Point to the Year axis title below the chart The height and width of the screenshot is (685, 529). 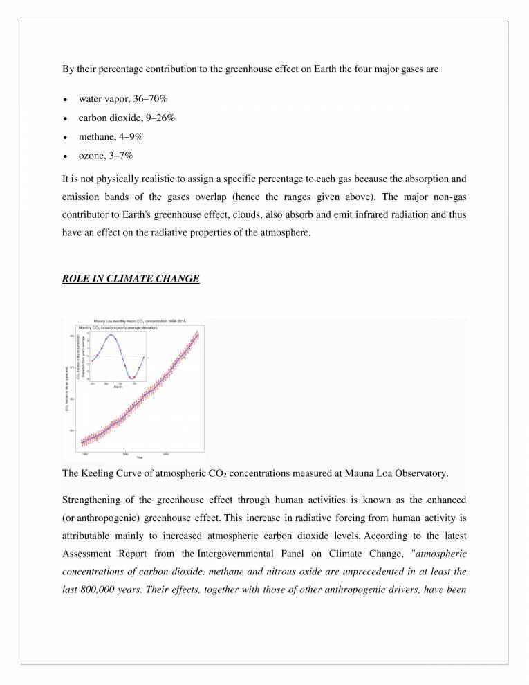point(140,457)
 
